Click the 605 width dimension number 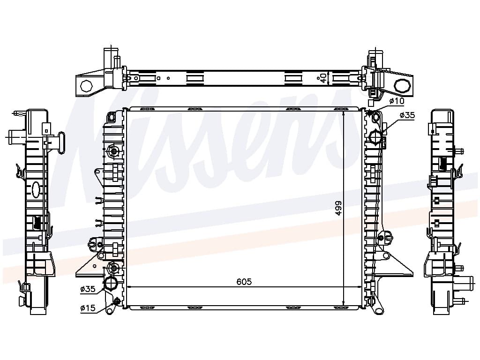(244, 282)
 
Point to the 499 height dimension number (338, 208)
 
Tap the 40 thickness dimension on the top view (321, 78)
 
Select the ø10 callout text (397, 101)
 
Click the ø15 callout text (88, 308)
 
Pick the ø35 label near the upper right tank (407, 115)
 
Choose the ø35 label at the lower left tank (88, 289)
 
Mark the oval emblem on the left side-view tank (36, 190)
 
